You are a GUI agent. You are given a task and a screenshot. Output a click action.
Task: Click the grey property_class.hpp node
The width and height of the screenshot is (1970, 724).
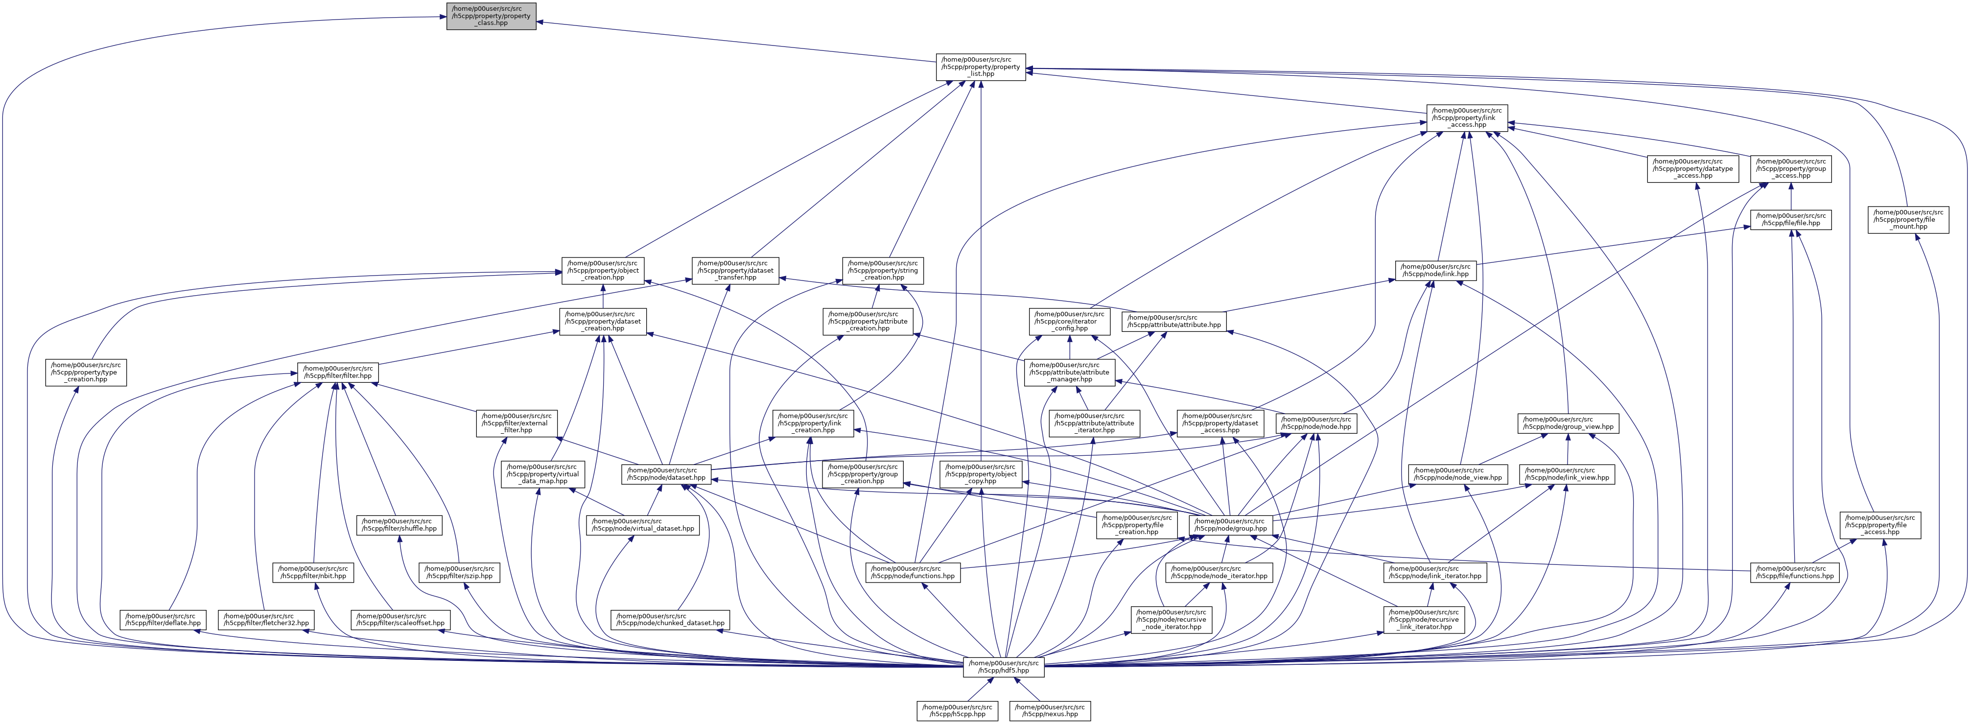(x=491, y=16)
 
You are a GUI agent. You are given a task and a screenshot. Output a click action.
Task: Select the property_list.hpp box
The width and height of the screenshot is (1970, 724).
(x=981, y=67)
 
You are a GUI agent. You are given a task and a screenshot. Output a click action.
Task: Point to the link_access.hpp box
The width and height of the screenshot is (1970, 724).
(x=1467, y=118)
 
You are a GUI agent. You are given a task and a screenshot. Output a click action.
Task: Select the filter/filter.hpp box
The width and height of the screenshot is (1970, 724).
(x=338, y=373)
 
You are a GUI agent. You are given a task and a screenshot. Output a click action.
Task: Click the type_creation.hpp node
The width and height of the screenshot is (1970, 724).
(x=86, y=373)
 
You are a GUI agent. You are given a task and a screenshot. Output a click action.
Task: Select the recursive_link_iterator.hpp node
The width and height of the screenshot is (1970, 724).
(x=1423, y=619)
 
